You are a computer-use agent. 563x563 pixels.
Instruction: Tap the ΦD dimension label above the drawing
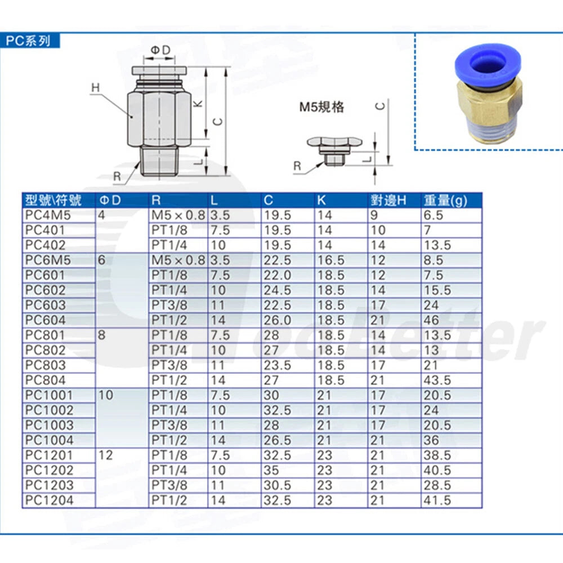[x=160, y=50]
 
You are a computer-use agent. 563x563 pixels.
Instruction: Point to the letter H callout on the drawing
[x=96, y=87]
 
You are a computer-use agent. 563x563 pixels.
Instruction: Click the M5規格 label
[x=321, y=107]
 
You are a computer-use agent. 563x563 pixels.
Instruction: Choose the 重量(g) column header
[x=445, y=200]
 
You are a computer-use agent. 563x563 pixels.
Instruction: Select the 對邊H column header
[x=388, y=200]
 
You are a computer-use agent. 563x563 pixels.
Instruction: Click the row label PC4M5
[x=48, y=216]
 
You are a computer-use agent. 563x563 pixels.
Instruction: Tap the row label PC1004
[x=49, y=440]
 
